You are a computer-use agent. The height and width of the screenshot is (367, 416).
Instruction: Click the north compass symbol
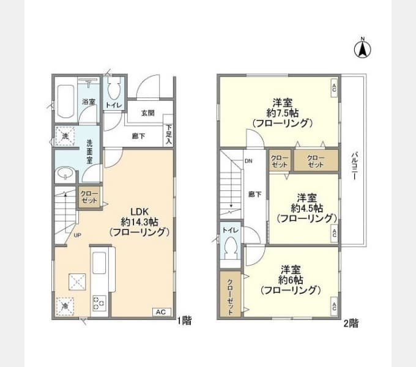pos(362,49)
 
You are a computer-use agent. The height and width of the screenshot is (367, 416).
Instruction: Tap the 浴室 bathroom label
pos(89,102)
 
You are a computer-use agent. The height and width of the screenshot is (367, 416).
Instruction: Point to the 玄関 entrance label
pos(147,113)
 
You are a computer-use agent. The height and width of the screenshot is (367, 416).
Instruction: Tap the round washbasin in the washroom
pos(64,175)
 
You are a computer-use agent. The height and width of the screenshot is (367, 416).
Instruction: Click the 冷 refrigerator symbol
pos(65,306)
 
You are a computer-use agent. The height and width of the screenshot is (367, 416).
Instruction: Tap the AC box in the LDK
pos(160,312)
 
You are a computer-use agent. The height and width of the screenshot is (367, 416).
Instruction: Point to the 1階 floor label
pos(184,321)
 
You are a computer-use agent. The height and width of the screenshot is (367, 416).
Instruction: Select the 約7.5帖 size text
pos(282,113)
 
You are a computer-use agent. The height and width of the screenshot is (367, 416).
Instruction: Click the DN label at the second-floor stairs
pos(248,161)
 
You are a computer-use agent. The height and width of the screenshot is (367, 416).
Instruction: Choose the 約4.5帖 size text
pos(306,208)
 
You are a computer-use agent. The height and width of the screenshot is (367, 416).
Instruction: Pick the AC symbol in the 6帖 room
pos(334,305)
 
